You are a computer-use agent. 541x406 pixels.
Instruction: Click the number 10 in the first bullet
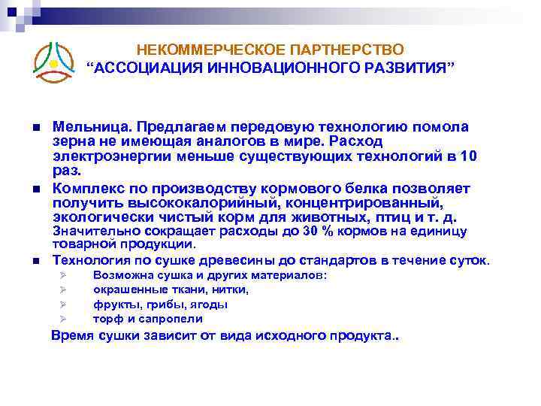pos(468,156)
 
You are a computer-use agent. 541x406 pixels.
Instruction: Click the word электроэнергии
pos(113,156)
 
